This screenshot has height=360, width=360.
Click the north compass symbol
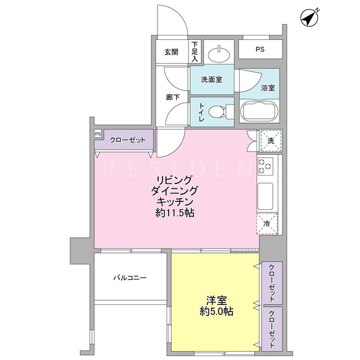coord(309,17)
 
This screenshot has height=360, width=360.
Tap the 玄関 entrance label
coord(171,52)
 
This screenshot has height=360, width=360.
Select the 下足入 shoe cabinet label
coord(195,51)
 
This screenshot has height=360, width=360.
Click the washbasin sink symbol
coord(219,55)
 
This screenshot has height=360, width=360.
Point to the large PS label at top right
coord(260,49)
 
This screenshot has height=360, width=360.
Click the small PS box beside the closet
coord(98,134)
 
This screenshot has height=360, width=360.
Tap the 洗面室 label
coord(211,80)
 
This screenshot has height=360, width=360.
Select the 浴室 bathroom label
coord(268,88)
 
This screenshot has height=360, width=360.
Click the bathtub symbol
coord(259,111)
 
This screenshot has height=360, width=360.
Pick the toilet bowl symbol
coord(221,112)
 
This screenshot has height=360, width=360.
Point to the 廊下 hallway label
coord(173,97)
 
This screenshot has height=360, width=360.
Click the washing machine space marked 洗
coord(271,141)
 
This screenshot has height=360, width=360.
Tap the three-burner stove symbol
coord(265,166)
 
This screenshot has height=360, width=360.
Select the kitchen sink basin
coord(265,196)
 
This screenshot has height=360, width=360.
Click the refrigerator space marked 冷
coord(267,224)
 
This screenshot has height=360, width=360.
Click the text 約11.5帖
coord(175,213)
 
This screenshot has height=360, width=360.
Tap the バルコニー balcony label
coord(130,278)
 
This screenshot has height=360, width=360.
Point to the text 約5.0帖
coord(216,312)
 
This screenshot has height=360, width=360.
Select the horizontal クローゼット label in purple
coord(128,140)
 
